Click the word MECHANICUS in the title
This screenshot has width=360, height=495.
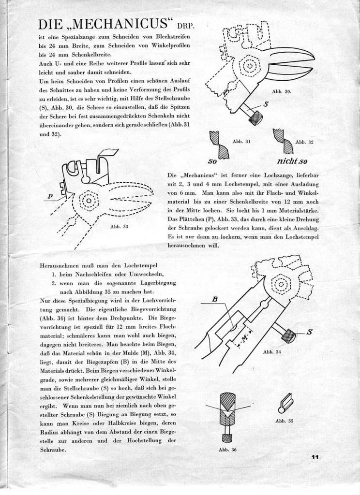click(120, 25)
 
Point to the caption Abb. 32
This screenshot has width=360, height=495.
click(304, 142)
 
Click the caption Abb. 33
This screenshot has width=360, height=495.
click(119, 226)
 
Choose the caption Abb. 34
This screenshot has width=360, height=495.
click(272, 352)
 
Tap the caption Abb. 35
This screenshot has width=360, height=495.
click(285, 421)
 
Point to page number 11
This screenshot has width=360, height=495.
click(315, 456)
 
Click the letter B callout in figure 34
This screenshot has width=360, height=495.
click(215, 299)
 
